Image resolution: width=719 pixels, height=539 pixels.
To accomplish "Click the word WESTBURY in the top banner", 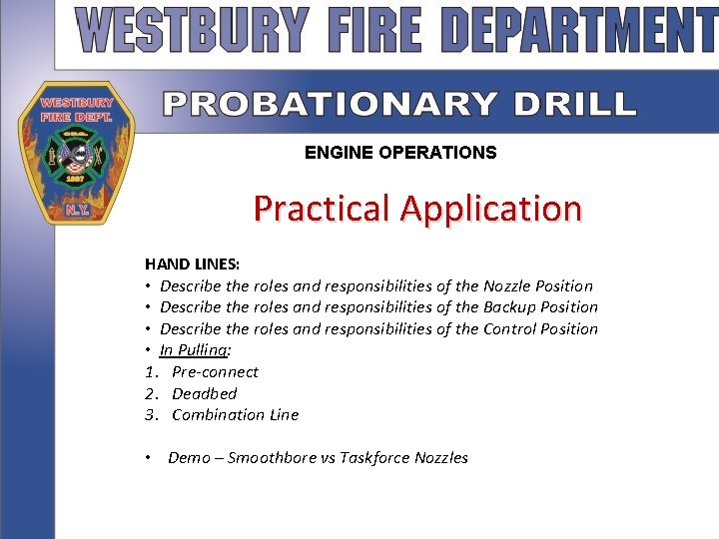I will point(193,30).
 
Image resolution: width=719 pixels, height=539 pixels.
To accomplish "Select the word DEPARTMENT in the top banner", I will point(580,30).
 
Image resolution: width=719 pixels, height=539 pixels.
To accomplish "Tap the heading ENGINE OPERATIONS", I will point(400,153).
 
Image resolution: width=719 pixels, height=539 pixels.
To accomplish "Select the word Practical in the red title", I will point(321,209).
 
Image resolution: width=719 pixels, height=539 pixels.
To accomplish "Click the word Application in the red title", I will point(490,209).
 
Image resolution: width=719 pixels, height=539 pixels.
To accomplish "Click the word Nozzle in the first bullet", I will point(509,285).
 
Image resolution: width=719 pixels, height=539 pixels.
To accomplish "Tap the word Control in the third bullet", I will point(510,328).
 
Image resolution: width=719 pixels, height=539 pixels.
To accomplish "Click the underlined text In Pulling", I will point(194,350).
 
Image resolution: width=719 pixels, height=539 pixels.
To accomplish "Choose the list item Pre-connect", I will point(215,371).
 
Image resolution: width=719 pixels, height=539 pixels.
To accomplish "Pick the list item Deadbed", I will point(204,393).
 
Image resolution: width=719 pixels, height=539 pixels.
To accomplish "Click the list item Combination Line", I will point(235,414).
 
